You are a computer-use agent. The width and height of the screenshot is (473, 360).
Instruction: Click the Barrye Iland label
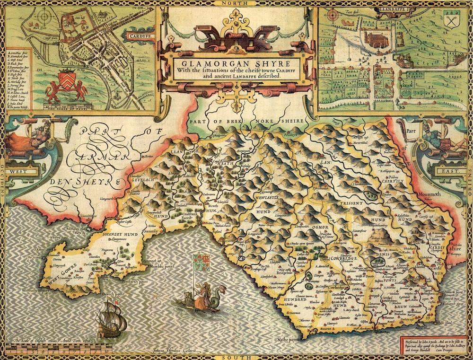(x=422, y=326)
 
